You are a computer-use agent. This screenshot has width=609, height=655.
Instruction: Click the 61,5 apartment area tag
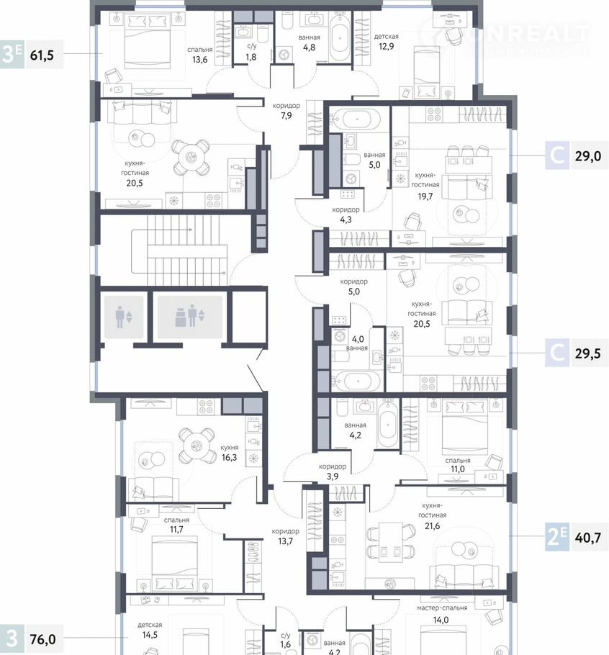[x=42, y=55]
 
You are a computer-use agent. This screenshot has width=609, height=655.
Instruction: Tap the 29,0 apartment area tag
[x=588, y=156]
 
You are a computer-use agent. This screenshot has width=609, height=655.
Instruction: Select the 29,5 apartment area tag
[x=588, y=353]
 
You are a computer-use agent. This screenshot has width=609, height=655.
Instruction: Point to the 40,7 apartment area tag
[x=588, y=538]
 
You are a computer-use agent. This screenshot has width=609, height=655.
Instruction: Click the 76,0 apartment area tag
[x=42, y=639]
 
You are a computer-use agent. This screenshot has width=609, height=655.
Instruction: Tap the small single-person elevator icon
[x=124, y=317]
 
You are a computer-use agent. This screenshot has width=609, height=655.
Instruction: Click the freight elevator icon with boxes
[x=189, y=317]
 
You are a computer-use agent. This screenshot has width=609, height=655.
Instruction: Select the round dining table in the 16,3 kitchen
[x=197, y=446]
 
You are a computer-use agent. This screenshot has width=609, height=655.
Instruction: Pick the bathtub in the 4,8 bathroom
[x=340, y=38]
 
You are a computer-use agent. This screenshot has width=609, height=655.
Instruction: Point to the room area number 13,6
[x=199, y=60]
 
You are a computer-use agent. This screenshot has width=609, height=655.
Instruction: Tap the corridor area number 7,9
[x=286, y=116]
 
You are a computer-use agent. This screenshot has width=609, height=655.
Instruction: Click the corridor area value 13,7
[x=285, y=541]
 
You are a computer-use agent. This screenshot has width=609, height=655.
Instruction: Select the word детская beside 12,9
[x=387, y=36]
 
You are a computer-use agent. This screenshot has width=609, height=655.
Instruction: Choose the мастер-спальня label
[x=442, y=607]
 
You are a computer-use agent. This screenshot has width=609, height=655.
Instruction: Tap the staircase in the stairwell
[x=180, y=250]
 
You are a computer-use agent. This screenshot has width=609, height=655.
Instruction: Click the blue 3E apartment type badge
[x=12, y=55]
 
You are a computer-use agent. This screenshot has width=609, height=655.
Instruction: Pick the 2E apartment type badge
[x=556, y=538]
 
